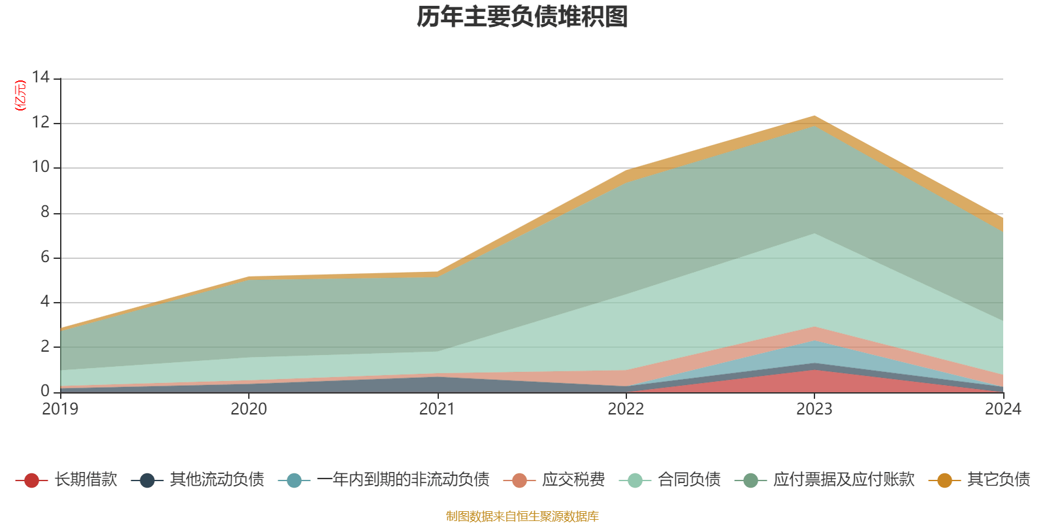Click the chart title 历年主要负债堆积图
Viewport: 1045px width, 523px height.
tap(522, 18)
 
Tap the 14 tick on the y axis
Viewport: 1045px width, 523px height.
tap(40, 77)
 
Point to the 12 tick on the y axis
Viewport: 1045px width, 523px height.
tap(40, 122)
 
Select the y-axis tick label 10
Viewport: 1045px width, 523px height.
tap(40, 167)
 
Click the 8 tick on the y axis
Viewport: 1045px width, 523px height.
tap(44, 212)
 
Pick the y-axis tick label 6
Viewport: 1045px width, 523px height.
tap(44, 257)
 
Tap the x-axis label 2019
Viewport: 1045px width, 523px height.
tap(60, 409)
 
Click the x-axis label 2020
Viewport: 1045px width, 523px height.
tap(249, 409)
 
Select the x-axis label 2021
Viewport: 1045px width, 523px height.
tap(437, 409)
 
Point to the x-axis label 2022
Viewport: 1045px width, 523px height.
tap(626, 409)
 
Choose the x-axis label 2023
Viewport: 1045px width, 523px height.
tap(814, 409)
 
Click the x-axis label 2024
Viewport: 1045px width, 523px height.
tap(1003, 409)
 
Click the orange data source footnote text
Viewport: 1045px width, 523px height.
tap(522, 516)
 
